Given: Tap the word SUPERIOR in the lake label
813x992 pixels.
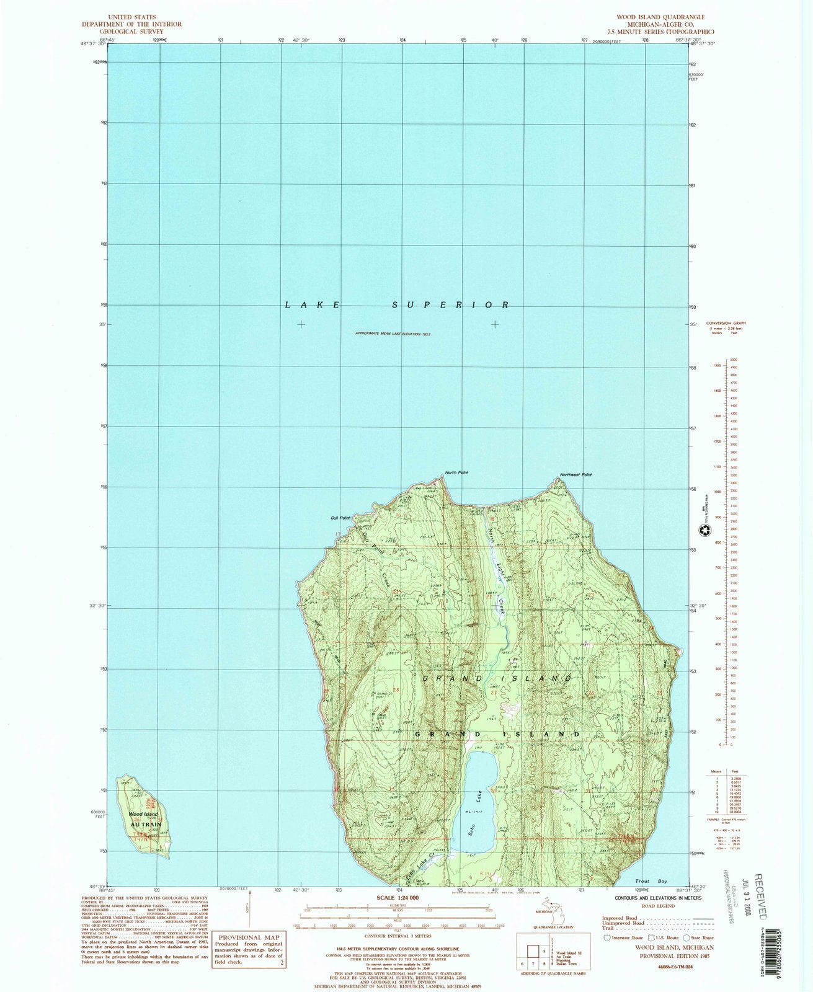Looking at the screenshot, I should coord(451,305).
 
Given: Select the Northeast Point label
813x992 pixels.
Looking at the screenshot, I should coord(575,475).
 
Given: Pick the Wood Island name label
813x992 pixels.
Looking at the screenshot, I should coord(143,814).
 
